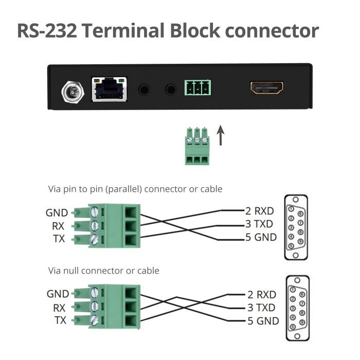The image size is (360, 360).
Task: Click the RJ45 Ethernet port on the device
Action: pyautogui.click(x=109, y=88)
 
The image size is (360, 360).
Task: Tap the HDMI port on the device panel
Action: pyautogui.click(x=266, y=88)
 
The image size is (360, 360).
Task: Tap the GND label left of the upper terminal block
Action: pyautogui.click(x=57, y=213)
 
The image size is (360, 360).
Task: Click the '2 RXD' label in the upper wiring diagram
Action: pyautogui.click(x=259, y=211)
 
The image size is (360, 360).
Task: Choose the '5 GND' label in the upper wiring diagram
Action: pyautogui.click(x=261, y=237)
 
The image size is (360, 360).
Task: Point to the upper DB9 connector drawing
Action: pyautogui.click(x=296, y=223)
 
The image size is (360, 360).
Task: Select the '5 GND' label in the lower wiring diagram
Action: pyautogui.click(x=262, y=321)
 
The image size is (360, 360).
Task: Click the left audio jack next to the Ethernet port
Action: pyautogui.click(x=145, y=89)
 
